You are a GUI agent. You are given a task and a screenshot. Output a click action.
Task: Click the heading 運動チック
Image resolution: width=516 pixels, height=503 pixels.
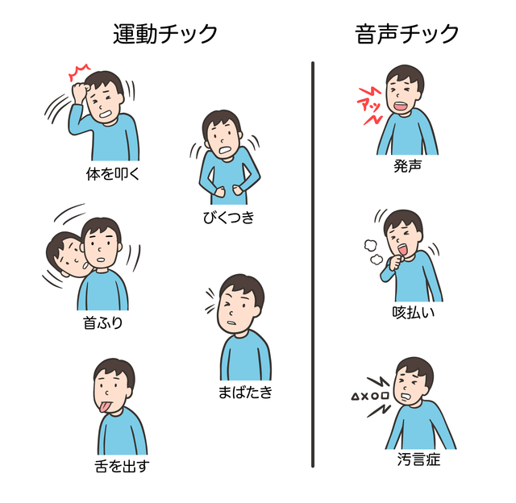click(165, 34)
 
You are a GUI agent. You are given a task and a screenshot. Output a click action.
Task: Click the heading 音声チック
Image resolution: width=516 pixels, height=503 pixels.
click(406, 34)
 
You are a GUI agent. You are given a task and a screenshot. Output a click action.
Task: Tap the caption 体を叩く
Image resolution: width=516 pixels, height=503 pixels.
click(113, 173)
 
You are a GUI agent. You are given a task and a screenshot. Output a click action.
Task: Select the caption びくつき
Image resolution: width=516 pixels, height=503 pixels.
click(229, 218)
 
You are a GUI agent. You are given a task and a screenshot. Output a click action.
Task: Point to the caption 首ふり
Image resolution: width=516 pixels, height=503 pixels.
click(102, 322)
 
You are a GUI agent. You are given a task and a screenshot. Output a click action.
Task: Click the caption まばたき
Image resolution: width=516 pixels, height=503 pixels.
click(245, 392)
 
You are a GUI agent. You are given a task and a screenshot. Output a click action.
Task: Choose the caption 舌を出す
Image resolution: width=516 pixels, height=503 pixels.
click(122, 466)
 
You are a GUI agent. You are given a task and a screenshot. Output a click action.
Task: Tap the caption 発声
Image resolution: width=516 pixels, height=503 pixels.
click(407, 165)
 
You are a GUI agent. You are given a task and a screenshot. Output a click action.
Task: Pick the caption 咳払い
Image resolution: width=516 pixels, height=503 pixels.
click(414, 312)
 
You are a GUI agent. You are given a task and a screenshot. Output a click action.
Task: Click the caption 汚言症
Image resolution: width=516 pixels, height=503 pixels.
click(418, 459)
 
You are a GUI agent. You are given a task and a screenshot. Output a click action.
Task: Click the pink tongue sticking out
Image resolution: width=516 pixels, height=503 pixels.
click(104, 407)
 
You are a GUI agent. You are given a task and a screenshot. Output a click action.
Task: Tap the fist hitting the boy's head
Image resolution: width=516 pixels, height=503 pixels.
click(80, 89)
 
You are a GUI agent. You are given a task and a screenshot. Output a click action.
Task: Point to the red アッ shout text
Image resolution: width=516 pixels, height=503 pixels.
click(370, 106)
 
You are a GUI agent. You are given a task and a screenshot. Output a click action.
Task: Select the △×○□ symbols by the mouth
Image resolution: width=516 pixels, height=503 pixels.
click(370, 396)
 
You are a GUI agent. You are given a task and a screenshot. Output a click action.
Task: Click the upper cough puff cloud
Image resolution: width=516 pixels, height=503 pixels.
click(370, 245)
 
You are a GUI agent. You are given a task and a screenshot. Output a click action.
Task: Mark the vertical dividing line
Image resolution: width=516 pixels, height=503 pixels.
click(313, 264)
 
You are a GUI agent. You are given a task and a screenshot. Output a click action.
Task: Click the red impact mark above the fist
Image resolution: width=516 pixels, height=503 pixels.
click(78, 73)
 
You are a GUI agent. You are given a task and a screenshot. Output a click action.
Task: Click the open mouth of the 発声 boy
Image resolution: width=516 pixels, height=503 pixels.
click(401, 106)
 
